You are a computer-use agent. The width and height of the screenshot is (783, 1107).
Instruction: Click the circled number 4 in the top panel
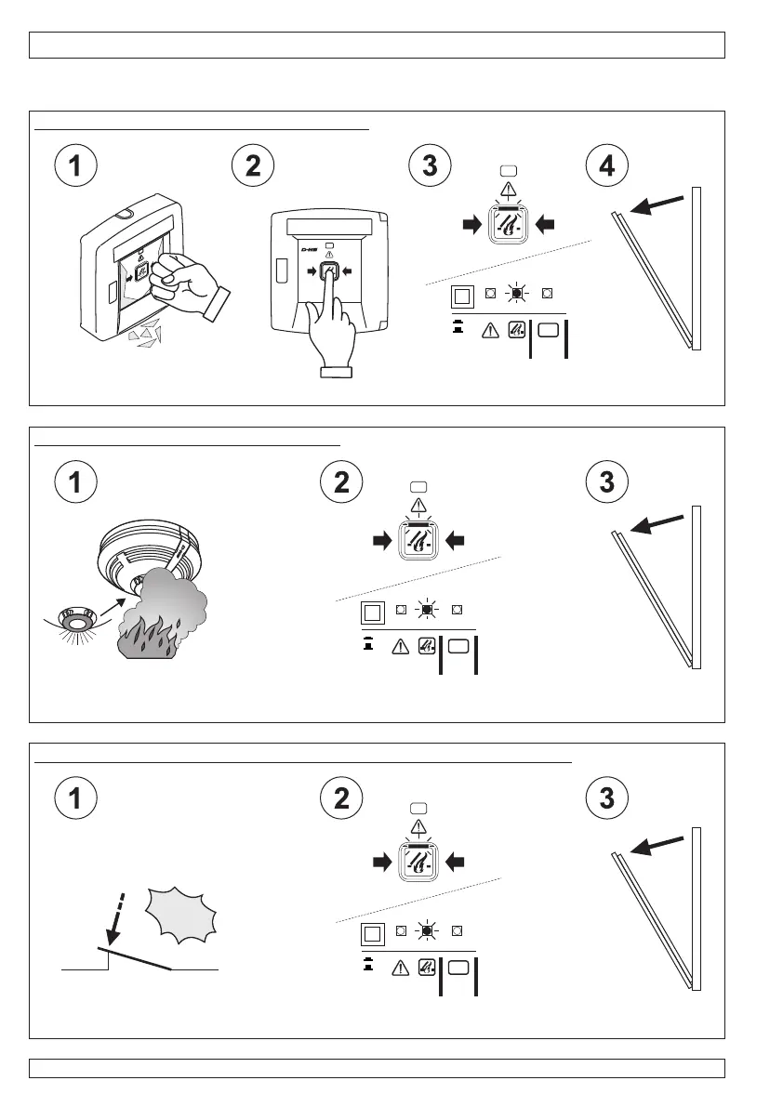[606, 166]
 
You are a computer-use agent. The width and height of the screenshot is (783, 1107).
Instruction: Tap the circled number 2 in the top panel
[253, 166]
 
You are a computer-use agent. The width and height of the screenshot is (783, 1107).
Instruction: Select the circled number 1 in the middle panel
[74, 482]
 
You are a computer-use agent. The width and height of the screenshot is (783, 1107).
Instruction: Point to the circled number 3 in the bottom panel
[606, 798]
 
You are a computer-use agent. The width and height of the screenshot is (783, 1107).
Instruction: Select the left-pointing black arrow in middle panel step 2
[455, 540]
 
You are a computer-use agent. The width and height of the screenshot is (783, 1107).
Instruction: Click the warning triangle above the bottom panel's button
[418, 826]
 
